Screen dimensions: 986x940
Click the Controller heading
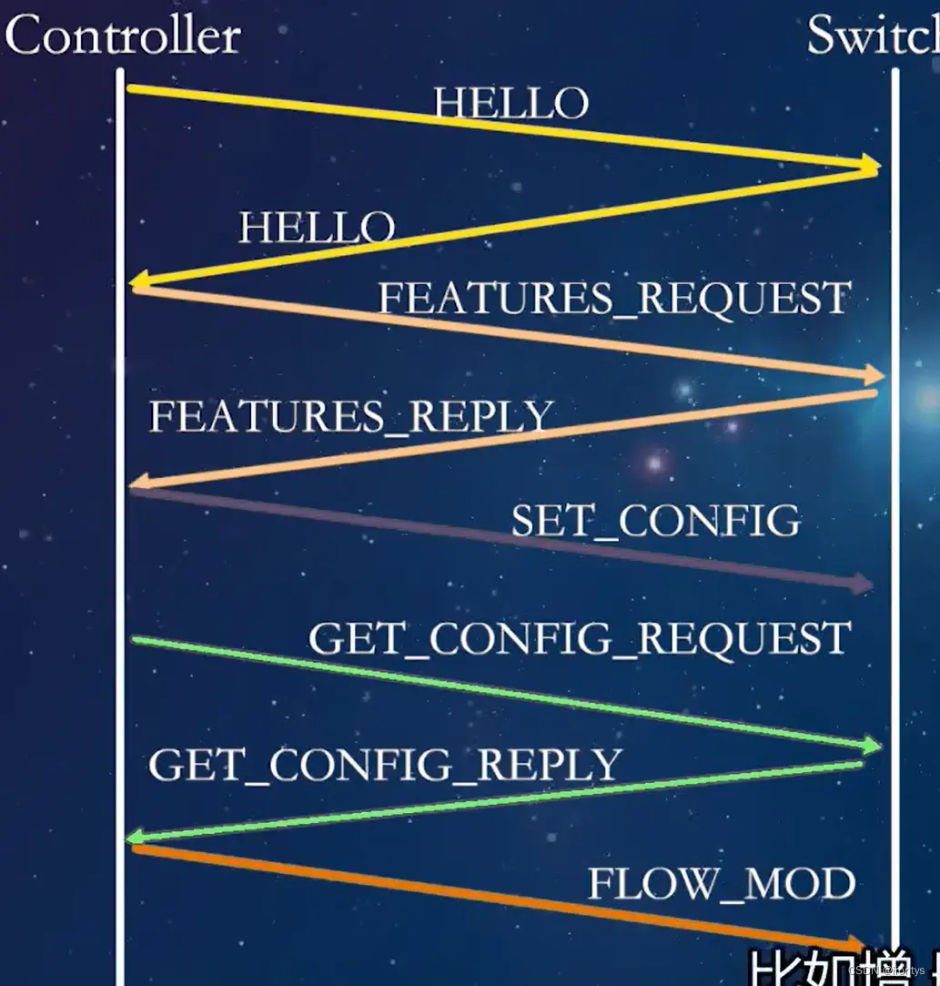point(123,36)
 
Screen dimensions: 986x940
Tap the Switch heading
point(872,36)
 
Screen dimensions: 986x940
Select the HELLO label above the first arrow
point(511,104)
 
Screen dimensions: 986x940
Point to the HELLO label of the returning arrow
point(317,228)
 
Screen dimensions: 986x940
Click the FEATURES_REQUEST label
point(614,300)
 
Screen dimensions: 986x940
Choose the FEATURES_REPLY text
point(351,417)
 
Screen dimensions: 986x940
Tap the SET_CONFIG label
point(655,522)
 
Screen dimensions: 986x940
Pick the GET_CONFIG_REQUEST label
point(580,638)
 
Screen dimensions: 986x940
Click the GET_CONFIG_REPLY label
point(385,765)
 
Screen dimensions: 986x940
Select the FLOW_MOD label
point(722,884)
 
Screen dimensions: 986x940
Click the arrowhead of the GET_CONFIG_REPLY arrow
point(134,836)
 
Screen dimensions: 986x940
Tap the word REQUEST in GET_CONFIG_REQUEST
point(743,638)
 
